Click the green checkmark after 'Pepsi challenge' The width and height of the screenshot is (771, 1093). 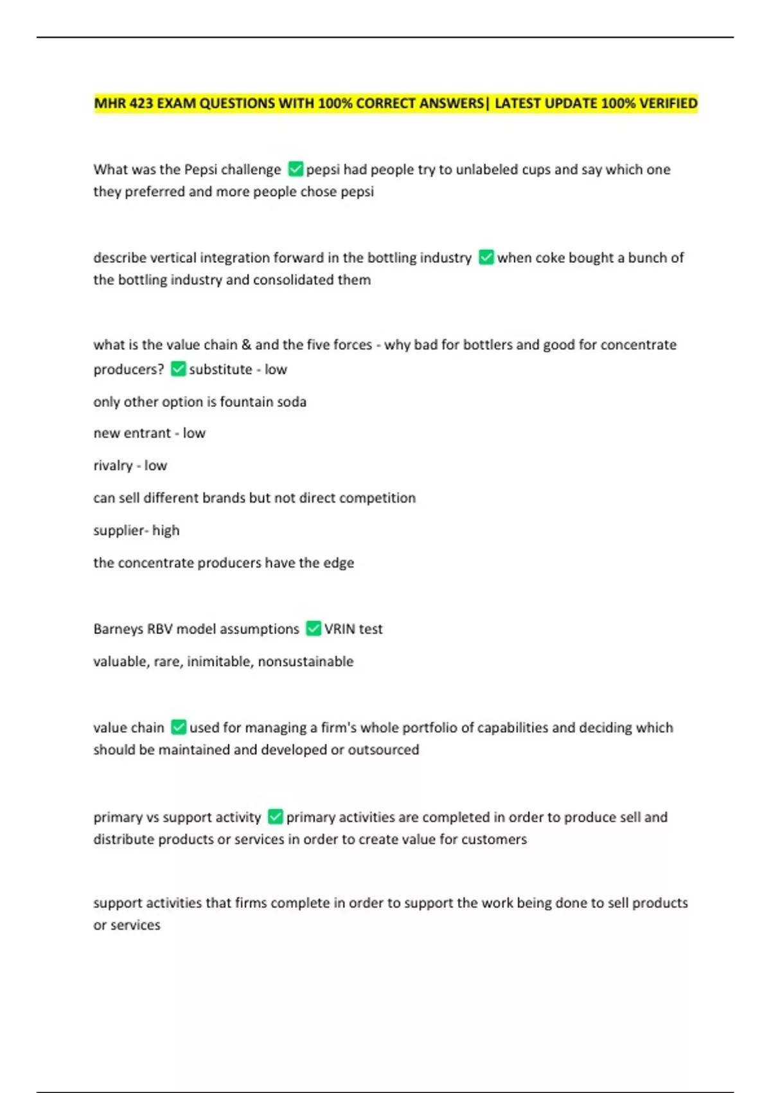pyautogui.click(x=296, y=169)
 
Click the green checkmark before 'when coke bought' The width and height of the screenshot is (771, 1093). pyautogui.click(x=486, y=257)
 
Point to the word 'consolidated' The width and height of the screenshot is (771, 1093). pyautogui.click(x=296, y=280)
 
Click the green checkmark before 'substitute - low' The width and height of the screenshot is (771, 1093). pyautogui.click(x=178, y=368)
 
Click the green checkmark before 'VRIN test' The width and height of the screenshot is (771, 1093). pyautogui.click(x=313, y=628)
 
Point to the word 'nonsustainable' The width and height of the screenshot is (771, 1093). pyautogui.click(x=305, y=662)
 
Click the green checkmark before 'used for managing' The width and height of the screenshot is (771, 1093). pyautogui.click(x=179, y=727)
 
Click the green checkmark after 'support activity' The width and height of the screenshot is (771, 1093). pyautogui.click(x=275, y=817)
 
